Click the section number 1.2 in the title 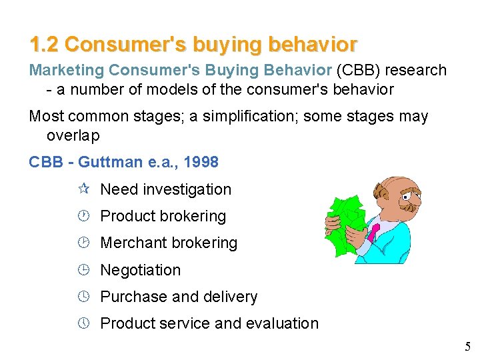pos(44,45)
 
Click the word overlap pos(73,135)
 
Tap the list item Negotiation pos(140,270)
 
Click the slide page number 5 pos(467,347)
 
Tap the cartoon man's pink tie pos(375,232)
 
